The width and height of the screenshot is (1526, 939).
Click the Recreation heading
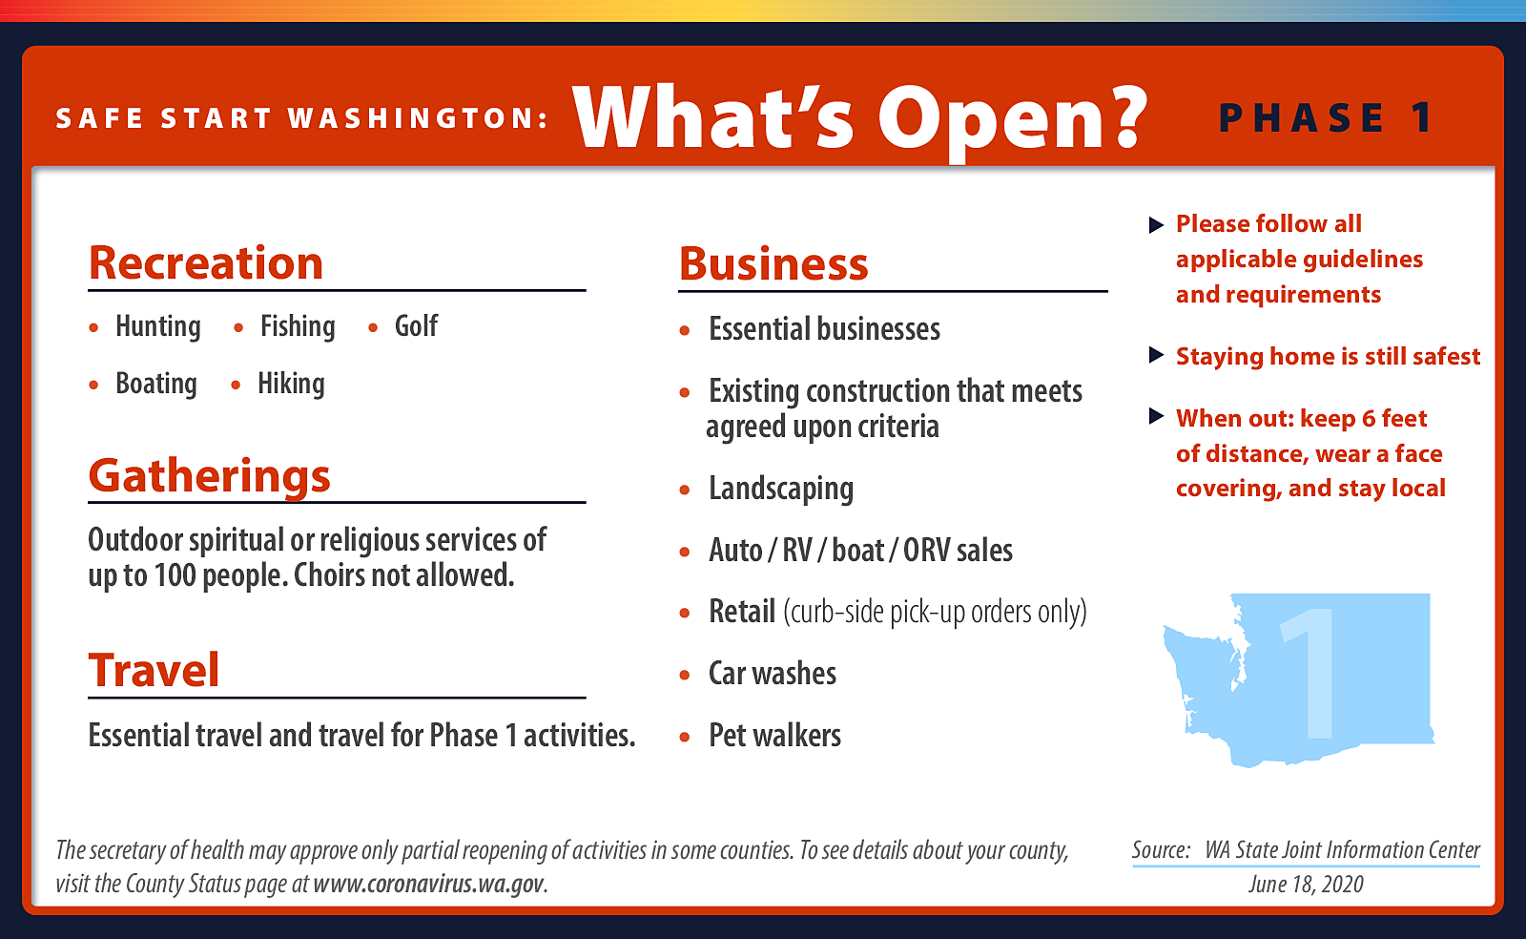point(206,263)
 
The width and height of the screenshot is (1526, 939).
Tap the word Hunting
point(158,327)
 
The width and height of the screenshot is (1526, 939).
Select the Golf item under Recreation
point(416,325)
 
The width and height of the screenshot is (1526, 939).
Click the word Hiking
point(291,385)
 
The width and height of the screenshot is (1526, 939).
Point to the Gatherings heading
point(209,476)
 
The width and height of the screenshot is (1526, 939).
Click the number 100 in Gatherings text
point(175,575)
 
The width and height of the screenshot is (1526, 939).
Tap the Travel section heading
point(154,670)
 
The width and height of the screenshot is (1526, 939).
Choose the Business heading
point(773,263)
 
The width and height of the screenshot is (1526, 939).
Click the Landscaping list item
point(781,490)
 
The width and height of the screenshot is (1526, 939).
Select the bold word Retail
point(742,612)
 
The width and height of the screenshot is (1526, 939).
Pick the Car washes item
point(773,674)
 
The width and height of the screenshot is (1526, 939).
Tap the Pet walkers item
point(774,735)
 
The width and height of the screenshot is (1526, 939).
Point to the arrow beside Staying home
point(1156,355)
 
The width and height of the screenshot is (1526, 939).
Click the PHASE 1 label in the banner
point(1326,118)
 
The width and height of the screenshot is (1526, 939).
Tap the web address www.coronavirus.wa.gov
point(429,884)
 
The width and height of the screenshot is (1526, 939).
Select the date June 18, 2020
point(1306,884)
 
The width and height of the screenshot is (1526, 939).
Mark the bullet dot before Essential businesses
point(685,331)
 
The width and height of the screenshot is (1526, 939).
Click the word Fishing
point(298,327)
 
